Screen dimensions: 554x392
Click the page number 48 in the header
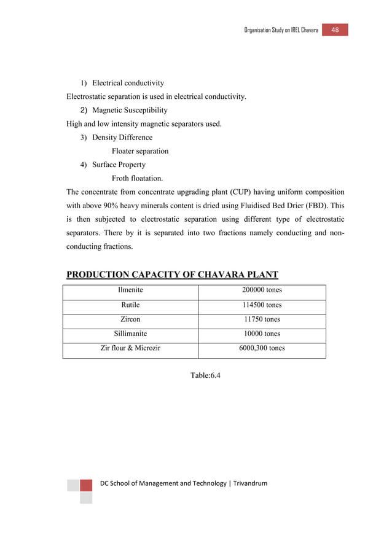(335, 30)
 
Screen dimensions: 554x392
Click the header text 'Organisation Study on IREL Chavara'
(281, 31)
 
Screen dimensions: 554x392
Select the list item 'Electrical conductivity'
(128, 83)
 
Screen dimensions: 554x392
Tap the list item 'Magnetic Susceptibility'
(130, 110)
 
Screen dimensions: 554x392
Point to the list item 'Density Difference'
(122, 137)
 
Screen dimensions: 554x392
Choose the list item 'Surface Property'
(119, 165)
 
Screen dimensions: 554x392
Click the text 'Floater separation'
(140, 151)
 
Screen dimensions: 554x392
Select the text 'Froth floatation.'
(137, 178)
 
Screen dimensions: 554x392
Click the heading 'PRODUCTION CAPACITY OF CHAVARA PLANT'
(172, 275)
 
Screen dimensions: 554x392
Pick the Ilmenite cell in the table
(130, 291)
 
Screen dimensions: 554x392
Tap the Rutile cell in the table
(130, 305)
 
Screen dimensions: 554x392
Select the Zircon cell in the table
(130, 319)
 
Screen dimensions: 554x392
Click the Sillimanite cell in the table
(130, 334)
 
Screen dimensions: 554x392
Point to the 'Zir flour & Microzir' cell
(130, 348)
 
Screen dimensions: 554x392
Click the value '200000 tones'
(262, 291)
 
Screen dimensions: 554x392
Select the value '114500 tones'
(262, 305)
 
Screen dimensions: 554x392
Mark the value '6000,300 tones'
(262, 348)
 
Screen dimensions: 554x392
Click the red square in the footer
(86, 485)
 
